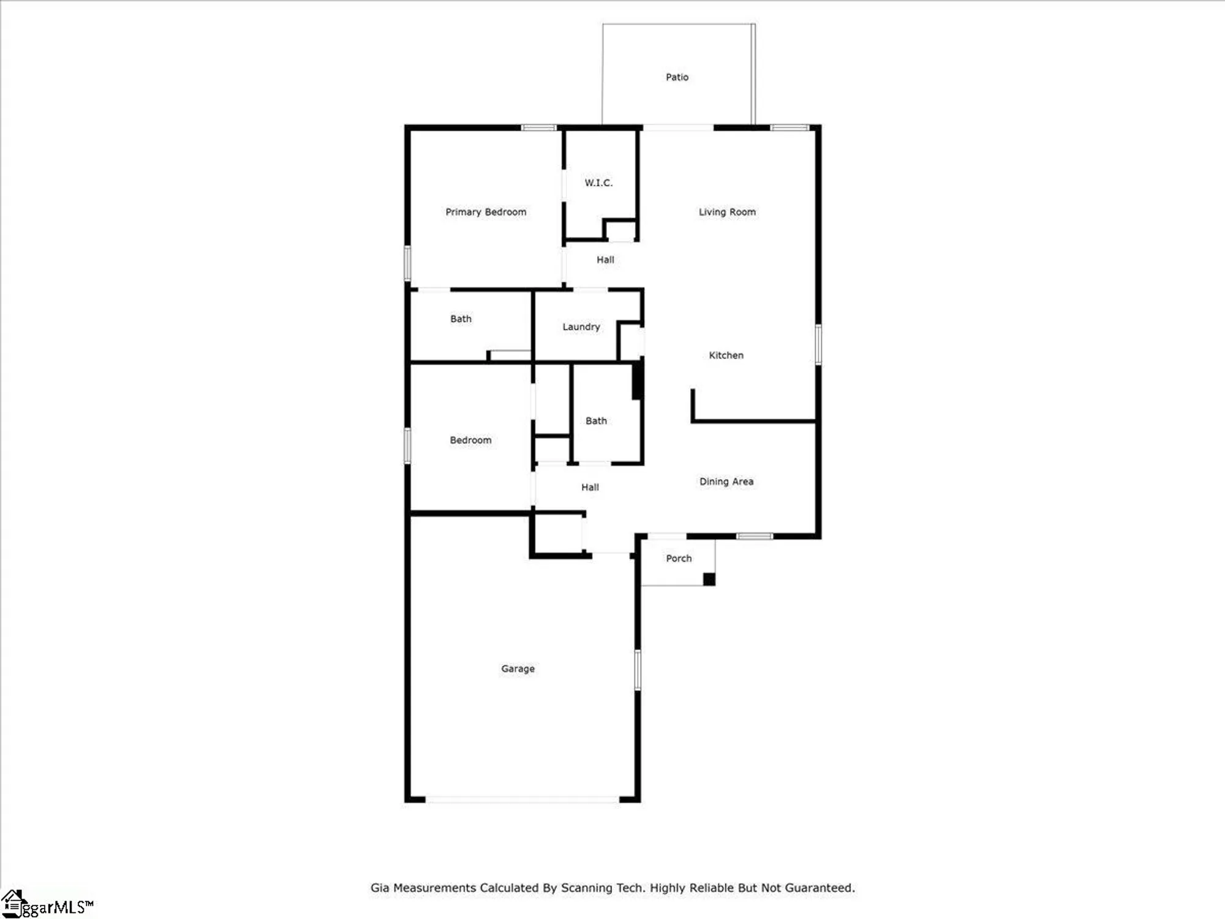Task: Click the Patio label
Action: coord(677,77)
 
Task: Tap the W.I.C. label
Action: coord(598,183)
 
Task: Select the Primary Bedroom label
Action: coord(486,212)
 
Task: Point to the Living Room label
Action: coord(727,212)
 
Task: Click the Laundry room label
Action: coord(581,327)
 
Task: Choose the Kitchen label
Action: coord(726,355)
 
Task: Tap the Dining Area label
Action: coord(726,482)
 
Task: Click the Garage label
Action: coord(518,668)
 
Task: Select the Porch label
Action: coord(679,558)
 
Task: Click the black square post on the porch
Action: coord(709,579)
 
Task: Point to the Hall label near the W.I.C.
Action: coord(605,260)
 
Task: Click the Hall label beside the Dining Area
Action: coord(590,487)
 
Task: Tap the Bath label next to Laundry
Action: coord(461,319)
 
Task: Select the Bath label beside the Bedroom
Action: coord(596,421)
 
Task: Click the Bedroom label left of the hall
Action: coord(470,440)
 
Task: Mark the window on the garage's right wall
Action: coord(638,670)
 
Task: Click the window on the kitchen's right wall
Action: coord(818,344)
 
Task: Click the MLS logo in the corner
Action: coord(46,905)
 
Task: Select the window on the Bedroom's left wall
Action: coord(407,445)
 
